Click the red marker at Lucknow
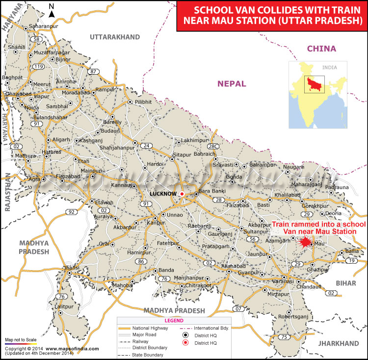click(x=182, y=194)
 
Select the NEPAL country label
click(x=232, y=84)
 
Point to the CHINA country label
click(x=321, y=49)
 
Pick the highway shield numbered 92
click(x=72, y=212)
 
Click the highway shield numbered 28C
click(x=212, y=146)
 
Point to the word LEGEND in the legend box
click(x=173, y=320)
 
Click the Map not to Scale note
click(x=21, y=340)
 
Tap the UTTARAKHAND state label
click(x=114, y=37)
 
